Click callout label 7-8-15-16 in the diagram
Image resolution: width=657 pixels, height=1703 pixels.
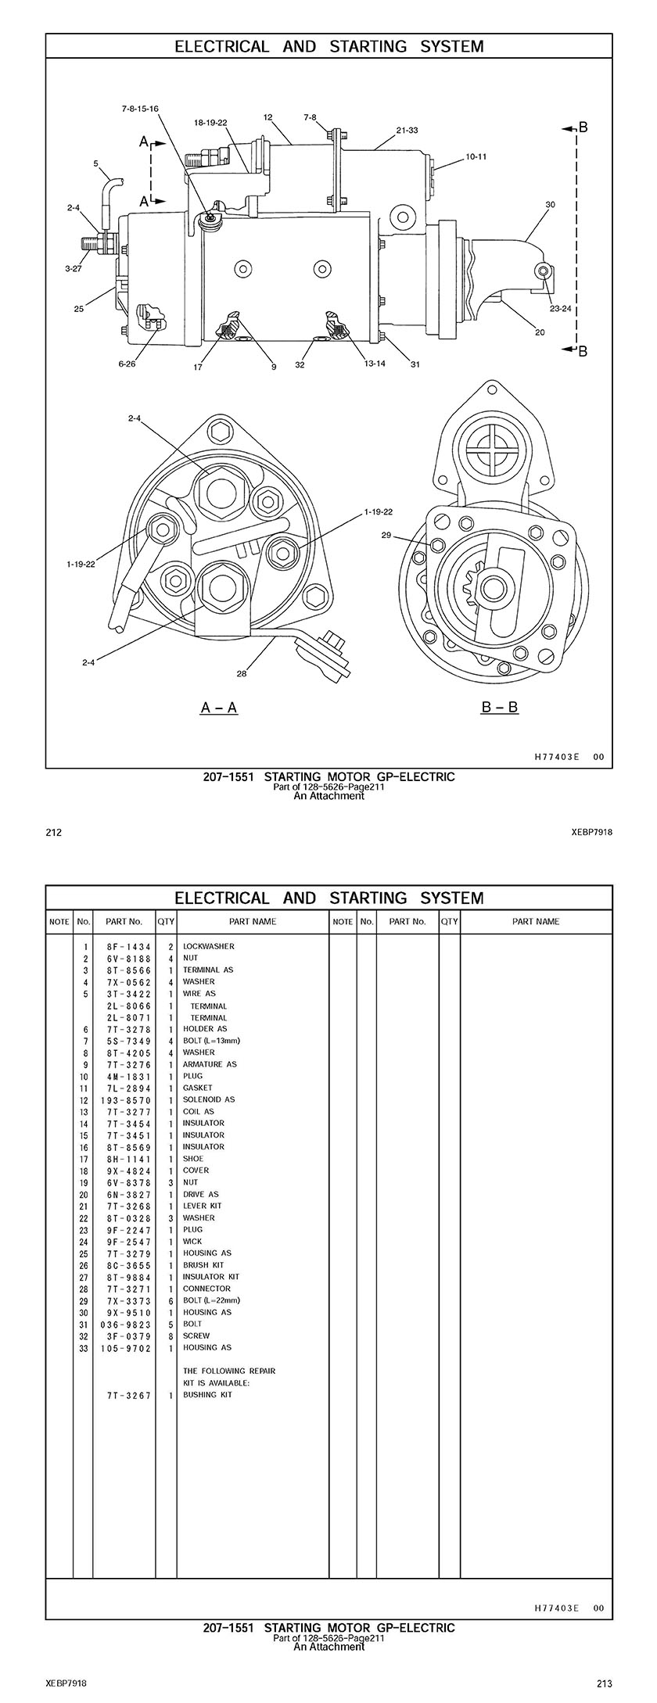pyautogui.click(x=140, y=109)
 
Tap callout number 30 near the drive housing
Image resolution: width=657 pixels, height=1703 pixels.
pyautogui.click(x=550, y=205)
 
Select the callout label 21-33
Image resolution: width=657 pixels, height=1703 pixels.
pyautogui.click(x=407, y=130)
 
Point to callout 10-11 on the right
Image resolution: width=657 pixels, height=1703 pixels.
pyautogui.click(x=476, y=156)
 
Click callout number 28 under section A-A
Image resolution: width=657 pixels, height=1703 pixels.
pyautogui.click(x=242, y=672)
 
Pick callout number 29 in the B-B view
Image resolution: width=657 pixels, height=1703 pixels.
pyautogui.click(x=386, y=536)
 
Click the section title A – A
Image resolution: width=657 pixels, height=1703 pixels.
pyautogui.click(x=219, y=708)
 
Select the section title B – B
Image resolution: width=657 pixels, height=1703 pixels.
pyautogui.click(x=499, y=708)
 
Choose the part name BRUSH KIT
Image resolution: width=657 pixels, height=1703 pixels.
pyautogui.click(x=203, y=1264)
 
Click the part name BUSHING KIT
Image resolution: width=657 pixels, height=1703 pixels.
pyautogui.click(x=207, y=1395)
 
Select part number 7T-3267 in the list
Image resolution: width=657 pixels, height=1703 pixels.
pyautogui.click(x=128, y=1395)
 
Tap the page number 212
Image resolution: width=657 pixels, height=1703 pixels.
pyautogui.click(x=53, y=833)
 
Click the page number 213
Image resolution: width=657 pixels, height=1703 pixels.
pyautogui.click(x=604, y=1683)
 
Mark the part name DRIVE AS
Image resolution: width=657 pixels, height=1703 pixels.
pyautogui.click(x=200, y=1194)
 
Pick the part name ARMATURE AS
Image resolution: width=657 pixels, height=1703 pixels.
pyautogui.click(x=210, y=1064)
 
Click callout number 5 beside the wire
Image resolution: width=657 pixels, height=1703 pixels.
pyautogui.click(x=95, y=164)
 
